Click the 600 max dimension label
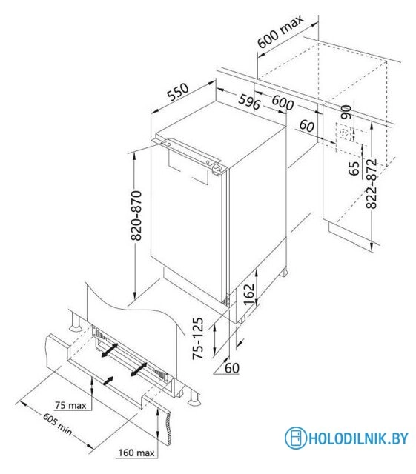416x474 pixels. click(280, 31)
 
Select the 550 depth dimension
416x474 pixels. click(178, 92)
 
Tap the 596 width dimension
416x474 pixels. click(249, 102)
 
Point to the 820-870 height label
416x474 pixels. click(136, 216)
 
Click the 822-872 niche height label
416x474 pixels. click(372, 184)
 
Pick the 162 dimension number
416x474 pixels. click(249, 295)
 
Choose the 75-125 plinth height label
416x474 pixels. click(198, 338)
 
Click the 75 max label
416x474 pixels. click(70, 405)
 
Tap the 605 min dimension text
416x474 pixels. click(57, 424)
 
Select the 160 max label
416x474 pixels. click(136, 453)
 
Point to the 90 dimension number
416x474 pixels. click(346, 112)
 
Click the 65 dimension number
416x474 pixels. click(354, 168)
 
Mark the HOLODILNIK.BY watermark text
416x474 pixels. click(358, 438)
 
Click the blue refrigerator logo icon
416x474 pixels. click(295, 438)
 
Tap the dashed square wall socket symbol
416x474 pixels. click(344, 133)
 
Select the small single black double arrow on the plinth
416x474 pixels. click(108, 381)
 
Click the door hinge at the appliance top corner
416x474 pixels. click(218, 170)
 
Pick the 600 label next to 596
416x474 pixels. click(283, 103)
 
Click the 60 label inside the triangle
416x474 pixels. click(232, 368)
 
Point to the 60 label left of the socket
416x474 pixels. click(307, 126)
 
